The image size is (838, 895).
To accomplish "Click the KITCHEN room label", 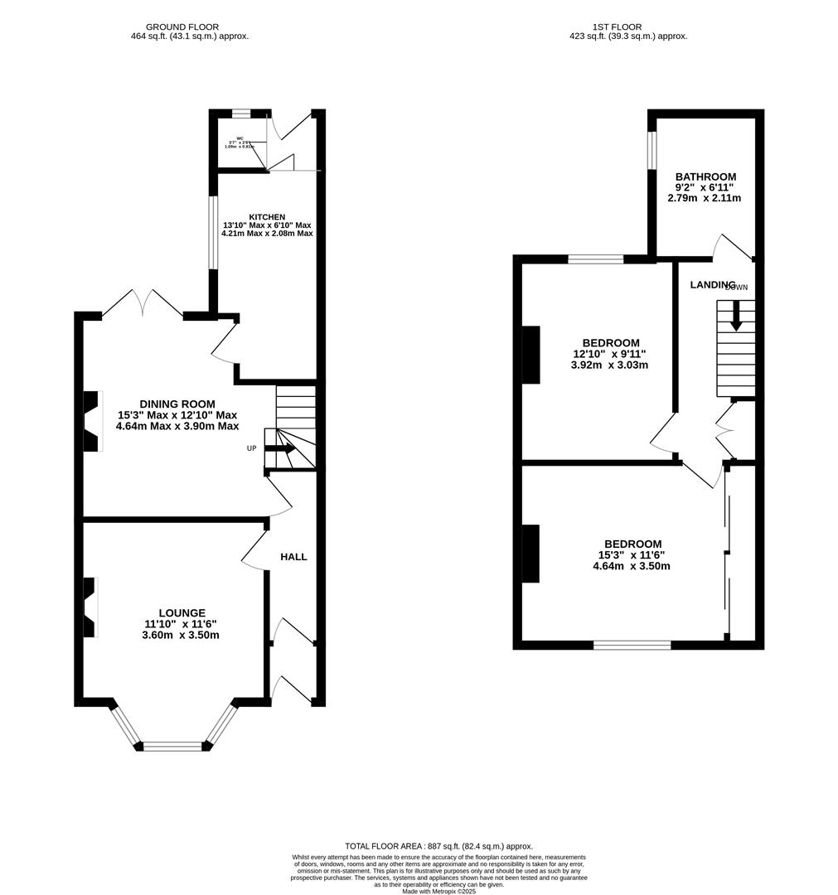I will click(266, 217).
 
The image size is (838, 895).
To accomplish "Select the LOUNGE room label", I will click(182, 612).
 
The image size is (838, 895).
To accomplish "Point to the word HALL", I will click(293, 557).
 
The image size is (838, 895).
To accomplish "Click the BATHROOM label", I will click(705, 177).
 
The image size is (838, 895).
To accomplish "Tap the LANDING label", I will click(713, 284).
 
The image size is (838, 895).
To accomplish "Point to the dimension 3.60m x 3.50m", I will click(181, 636).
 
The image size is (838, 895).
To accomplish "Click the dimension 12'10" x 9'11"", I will click(609, 354).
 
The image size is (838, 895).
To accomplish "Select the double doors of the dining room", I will click(142, 303).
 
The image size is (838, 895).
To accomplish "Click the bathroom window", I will click(652, 150).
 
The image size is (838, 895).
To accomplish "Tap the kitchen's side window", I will click(212, 233).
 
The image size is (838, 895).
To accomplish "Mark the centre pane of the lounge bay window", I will click(173, 747).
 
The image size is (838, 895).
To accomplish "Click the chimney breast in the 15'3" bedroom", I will click(530, 554).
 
